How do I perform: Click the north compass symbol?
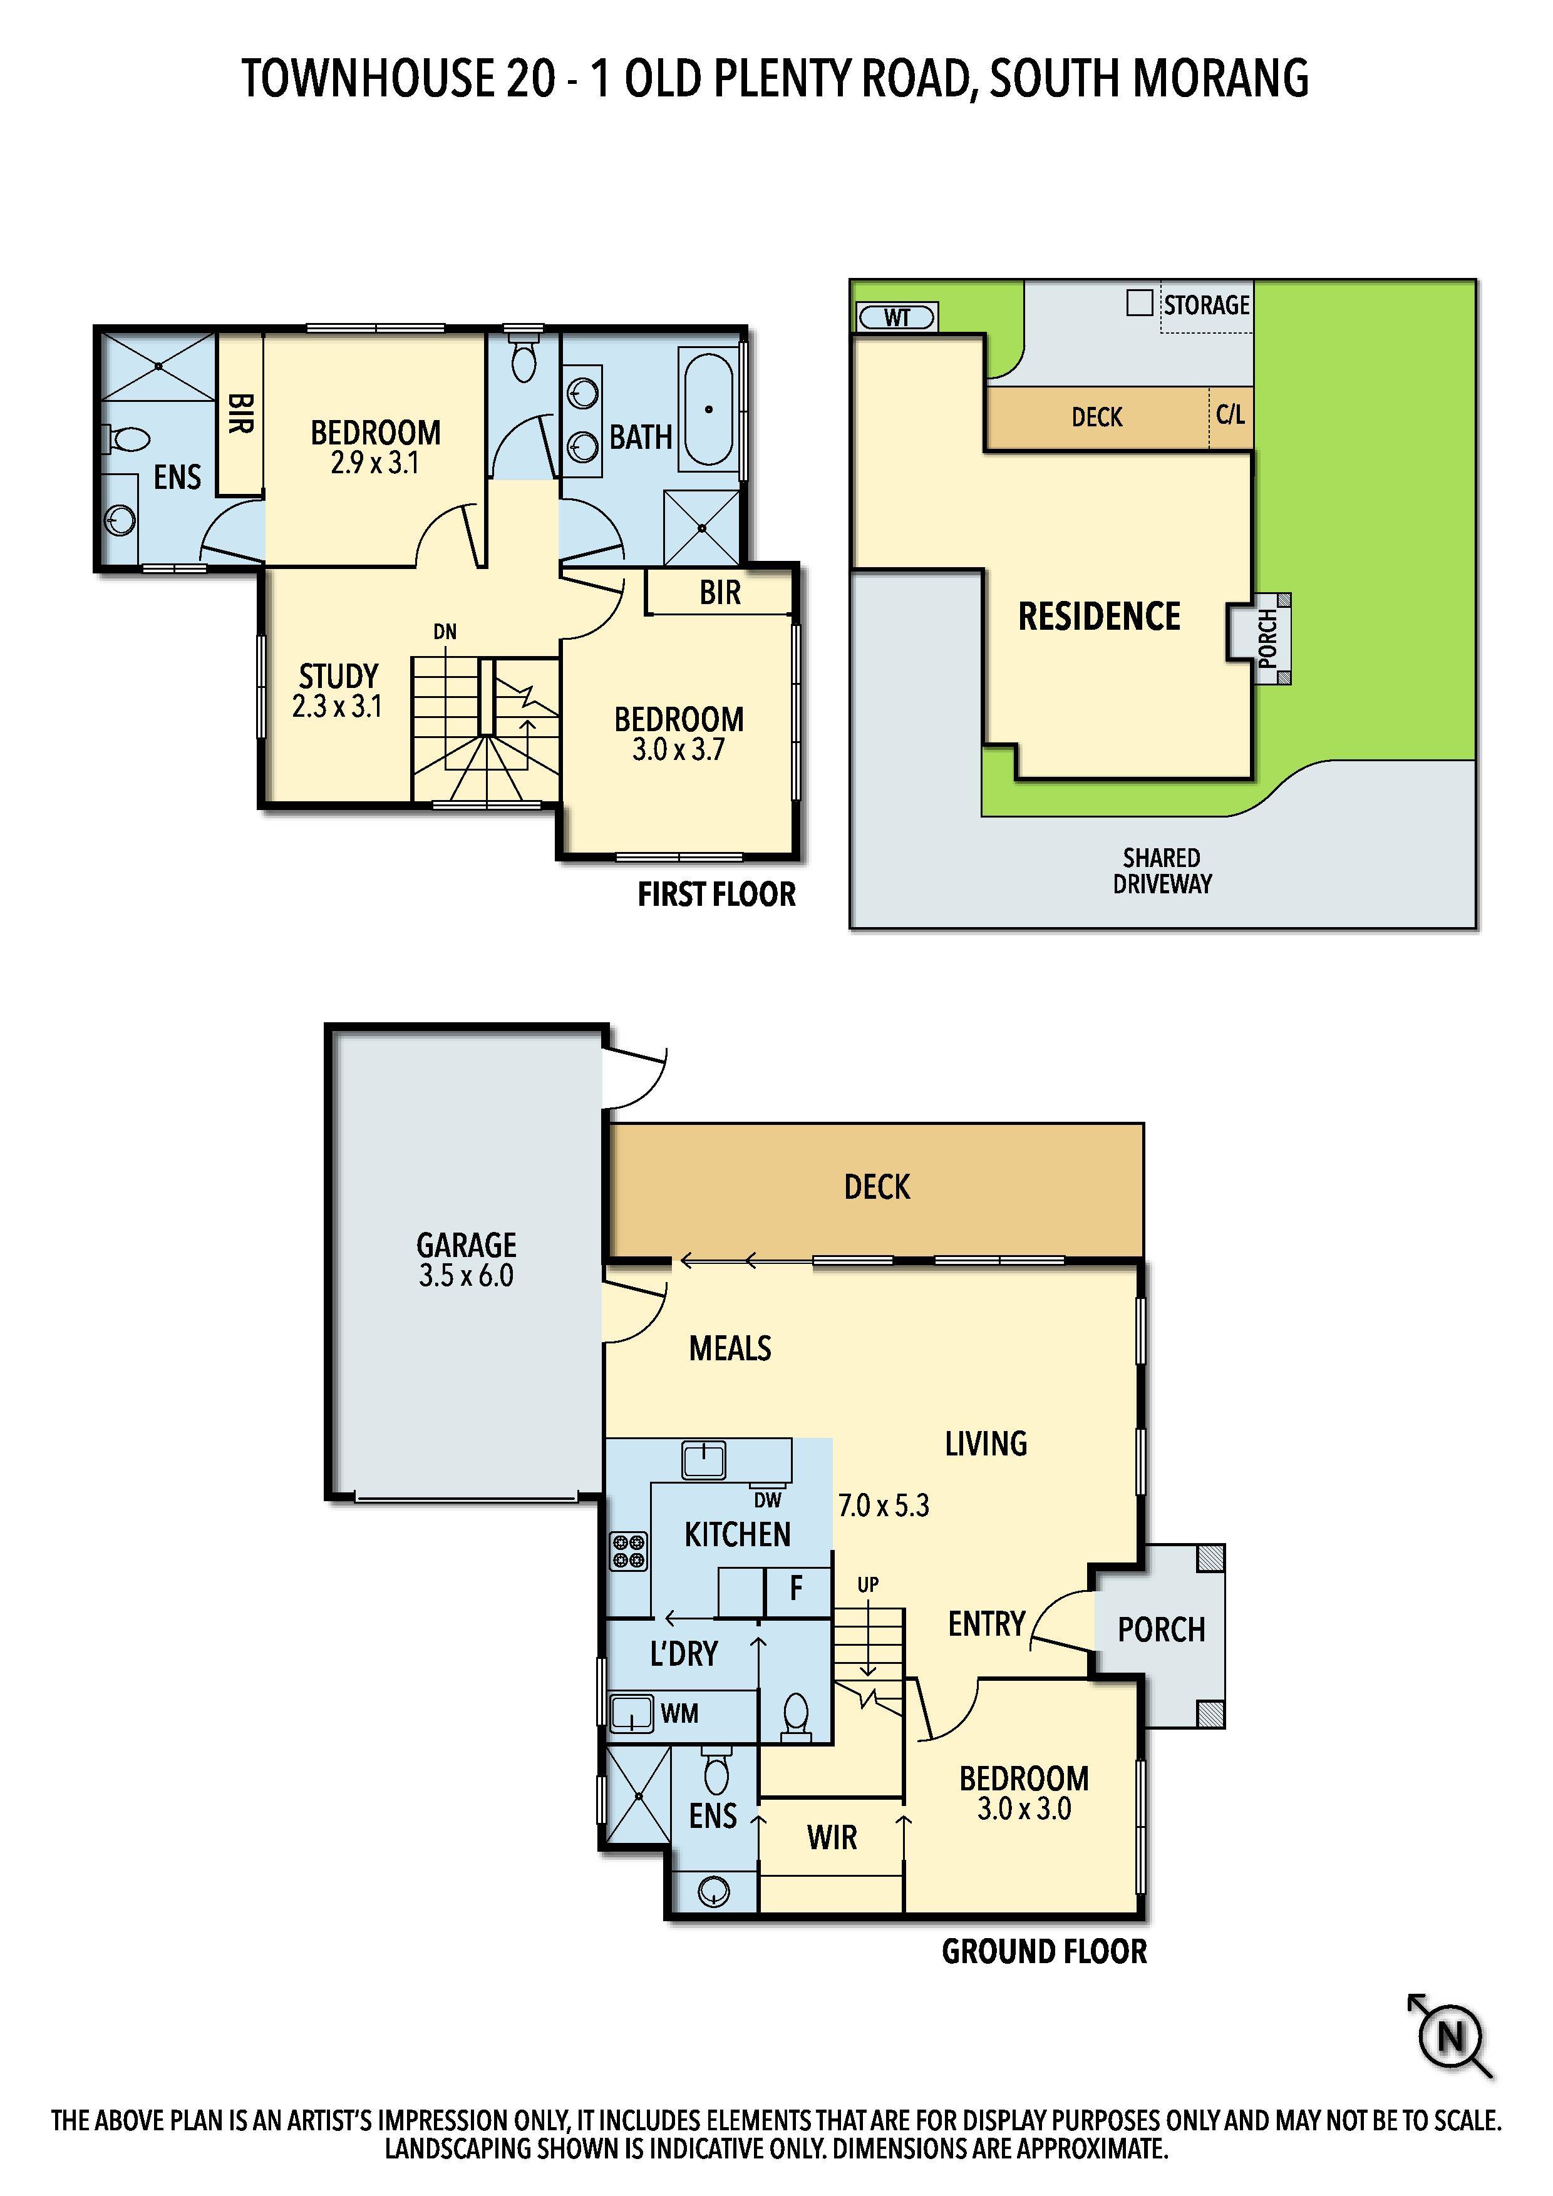pyautogui.click(x=1451, y=2037)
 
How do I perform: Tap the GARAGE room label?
pyautogui.click(x=466, y=1244)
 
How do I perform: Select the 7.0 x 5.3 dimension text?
pyautogui.click(x=883, y=1506)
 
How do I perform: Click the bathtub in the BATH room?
pyautogui.click(x=709, y=409)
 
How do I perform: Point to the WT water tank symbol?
pyautogui.click(x=897, y=317)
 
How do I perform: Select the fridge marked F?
pyautogui.click(x=796, y=1589)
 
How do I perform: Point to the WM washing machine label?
pyautogui.click(x=679, y=1713)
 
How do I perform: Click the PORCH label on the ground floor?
pyautogui.click(x=1162, y=1629)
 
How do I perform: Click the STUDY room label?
pyautogui.click(x=339, y=676)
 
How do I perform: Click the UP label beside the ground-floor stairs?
pyautogui.click(x=868, y=1585)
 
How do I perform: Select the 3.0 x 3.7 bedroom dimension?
pyautogui.click(x=678, y=750)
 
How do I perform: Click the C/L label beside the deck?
pyautogui.click(x=1231, y=414)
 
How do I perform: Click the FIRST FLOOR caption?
pyautogui.click(x=716, y=895)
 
